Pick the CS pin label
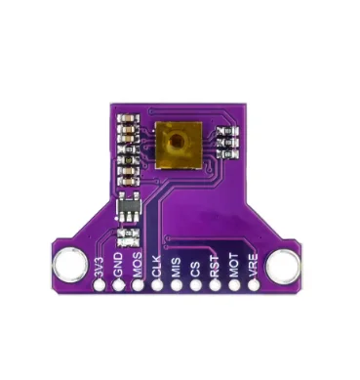click(x=196, y=268)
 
